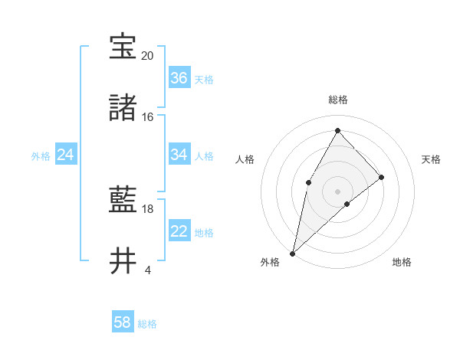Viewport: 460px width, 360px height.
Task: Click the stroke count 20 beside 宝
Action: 147,56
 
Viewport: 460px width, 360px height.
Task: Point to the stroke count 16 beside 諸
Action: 147,117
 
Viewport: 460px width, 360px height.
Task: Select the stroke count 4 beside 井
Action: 147,270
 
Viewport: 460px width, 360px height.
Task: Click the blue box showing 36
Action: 179,78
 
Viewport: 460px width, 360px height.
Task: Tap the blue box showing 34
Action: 179,155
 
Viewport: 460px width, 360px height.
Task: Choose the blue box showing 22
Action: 179,231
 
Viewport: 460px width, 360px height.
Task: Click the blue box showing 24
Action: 66,155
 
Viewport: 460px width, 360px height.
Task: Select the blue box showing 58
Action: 123,322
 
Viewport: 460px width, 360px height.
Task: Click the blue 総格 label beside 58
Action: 147,324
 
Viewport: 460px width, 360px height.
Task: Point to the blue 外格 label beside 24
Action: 41,155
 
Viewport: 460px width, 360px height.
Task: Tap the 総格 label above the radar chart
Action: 338,100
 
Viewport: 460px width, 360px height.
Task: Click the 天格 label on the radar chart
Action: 431,159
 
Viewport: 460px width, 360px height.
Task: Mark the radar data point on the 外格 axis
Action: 292,253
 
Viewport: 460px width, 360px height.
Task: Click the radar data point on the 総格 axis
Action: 337,130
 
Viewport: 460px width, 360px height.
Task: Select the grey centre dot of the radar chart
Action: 337,191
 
